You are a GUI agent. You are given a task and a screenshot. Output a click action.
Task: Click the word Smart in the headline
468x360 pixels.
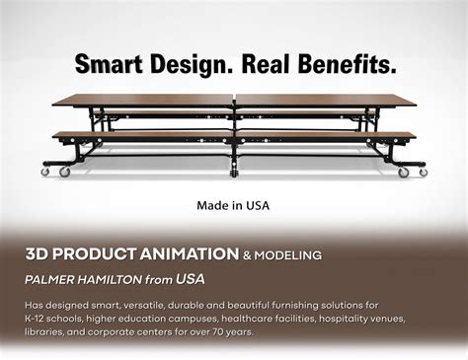point(109,65)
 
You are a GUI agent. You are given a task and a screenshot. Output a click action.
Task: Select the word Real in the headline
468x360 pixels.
point(266,65)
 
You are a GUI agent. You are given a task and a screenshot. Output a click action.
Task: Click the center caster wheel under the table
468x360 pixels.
point(234,175)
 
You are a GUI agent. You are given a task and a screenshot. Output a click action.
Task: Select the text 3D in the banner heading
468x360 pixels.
point(37,254)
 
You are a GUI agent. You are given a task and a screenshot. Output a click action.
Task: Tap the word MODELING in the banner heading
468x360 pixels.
point(289,255)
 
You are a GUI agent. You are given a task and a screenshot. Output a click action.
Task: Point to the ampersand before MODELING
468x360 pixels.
point(249,255)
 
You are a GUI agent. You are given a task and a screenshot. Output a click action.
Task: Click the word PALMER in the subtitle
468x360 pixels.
point(50,280)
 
